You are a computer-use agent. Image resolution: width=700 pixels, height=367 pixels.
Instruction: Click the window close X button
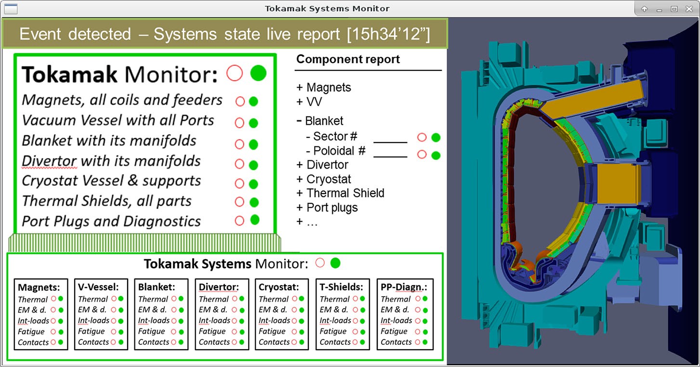coord(689,9)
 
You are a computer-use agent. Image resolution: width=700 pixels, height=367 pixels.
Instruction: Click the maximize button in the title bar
coord(674,9)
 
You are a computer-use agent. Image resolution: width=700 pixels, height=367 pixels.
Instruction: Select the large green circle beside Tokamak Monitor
coord(258,73)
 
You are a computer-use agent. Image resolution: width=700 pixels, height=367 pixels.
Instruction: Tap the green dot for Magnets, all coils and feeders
coord(253,101)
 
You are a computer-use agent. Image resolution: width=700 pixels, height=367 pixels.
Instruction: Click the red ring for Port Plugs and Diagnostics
coord(239,221)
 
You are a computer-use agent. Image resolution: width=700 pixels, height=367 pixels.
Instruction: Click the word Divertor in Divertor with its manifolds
coord(49,161)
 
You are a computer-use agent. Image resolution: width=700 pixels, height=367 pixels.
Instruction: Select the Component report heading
coord(348,59)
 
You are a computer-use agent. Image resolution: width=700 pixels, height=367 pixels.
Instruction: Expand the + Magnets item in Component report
coord(323,88)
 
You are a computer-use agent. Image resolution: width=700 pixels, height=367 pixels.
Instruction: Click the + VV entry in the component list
coord(309,102)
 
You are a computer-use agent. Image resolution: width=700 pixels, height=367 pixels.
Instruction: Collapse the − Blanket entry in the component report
coord(319,121)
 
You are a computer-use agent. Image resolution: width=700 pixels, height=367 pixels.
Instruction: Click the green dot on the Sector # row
coord(436,137)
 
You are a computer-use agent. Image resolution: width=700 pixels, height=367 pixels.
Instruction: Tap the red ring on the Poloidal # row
coord(422,154)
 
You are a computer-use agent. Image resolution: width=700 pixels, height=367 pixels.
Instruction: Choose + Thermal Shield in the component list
coord(340,193)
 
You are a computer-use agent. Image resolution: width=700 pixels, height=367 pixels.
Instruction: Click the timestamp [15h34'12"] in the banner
coord(388,34)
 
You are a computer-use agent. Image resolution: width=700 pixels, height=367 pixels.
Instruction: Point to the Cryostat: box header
coord(279,287)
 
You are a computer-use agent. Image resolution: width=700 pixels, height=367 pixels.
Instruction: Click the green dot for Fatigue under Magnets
coord(61,332)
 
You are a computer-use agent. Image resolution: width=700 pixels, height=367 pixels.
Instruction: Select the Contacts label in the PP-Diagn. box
coord(396,342)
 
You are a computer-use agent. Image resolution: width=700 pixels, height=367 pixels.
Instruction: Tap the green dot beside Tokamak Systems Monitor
coord(335,263)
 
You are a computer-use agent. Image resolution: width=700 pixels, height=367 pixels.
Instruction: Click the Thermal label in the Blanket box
coord(153,299)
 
